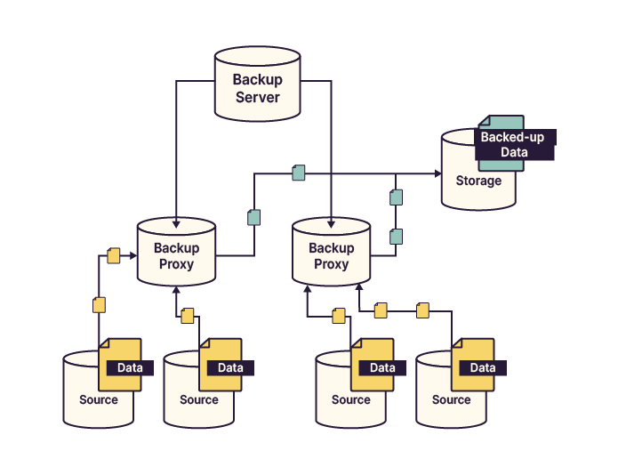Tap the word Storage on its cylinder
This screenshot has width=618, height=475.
(478, 181)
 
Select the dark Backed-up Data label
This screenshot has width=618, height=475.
(515, 145)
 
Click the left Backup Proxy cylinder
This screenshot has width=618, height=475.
(176, 256)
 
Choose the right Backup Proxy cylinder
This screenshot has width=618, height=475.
(331, 256)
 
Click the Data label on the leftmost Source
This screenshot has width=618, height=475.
(130, 367)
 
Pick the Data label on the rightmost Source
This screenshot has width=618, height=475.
(483, 367)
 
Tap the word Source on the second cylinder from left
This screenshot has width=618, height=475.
(198, 399)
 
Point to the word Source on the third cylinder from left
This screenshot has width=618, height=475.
(350, 399)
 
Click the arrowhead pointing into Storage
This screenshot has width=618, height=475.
(437, 173)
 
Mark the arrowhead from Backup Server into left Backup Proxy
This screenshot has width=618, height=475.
(176, 221)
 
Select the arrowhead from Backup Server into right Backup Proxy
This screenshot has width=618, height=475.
(331, 221)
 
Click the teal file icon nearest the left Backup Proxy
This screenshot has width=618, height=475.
(253, 217)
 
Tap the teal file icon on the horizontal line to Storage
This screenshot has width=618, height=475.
(299, 173)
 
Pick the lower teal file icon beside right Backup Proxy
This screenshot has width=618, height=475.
(397, 236)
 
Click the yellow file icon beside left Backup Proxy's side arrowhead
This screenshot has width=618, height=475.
(113, 255)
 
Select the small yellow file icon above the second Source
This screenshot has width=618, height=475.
(187, 315)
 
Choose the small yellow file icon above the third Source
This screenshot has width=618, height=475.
(338, 315)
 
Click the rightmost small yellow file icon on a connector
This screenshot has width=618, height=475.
(422, 310)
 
